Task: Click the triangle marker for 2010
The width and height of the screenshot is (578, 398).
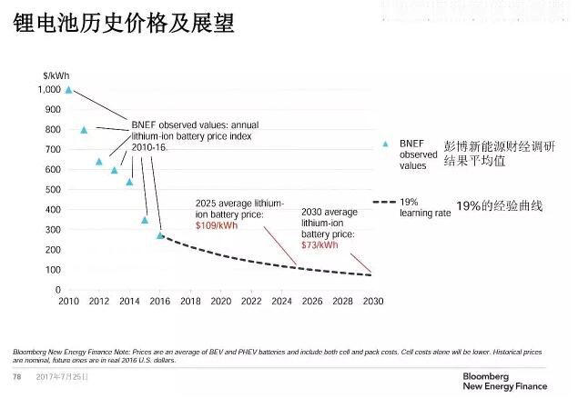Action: click(x=68, y=90)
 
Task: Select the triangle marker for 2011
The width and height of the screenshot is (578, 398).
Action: click(x=84, y=130)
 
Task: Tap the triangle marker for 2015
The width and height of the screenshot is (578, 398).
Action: click(x=145, y=220)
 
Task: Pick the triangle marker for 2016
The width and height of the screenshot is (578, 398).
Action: click(x=160, y=235)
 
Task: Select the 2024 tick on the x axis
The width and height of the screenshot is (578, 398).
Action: click(x=281, y=301)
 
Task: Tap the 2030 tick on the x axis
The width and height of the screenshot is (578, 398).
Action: click(x=372, y=301)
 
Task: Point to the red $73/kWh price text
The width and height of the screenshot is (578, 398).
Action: click(x=319, y=244)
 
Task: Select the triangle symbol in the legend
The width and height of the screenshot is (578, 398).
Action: click(x=385, y=144)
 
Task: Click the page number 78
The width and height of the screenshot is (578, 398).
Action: click(x=15, y=376)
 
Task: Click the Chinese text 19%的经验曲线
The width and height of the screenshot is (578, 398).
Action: click(x=499, y=206)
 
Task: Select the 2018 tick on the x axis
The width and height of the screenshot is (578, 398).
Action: click(x=190, y=301)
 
